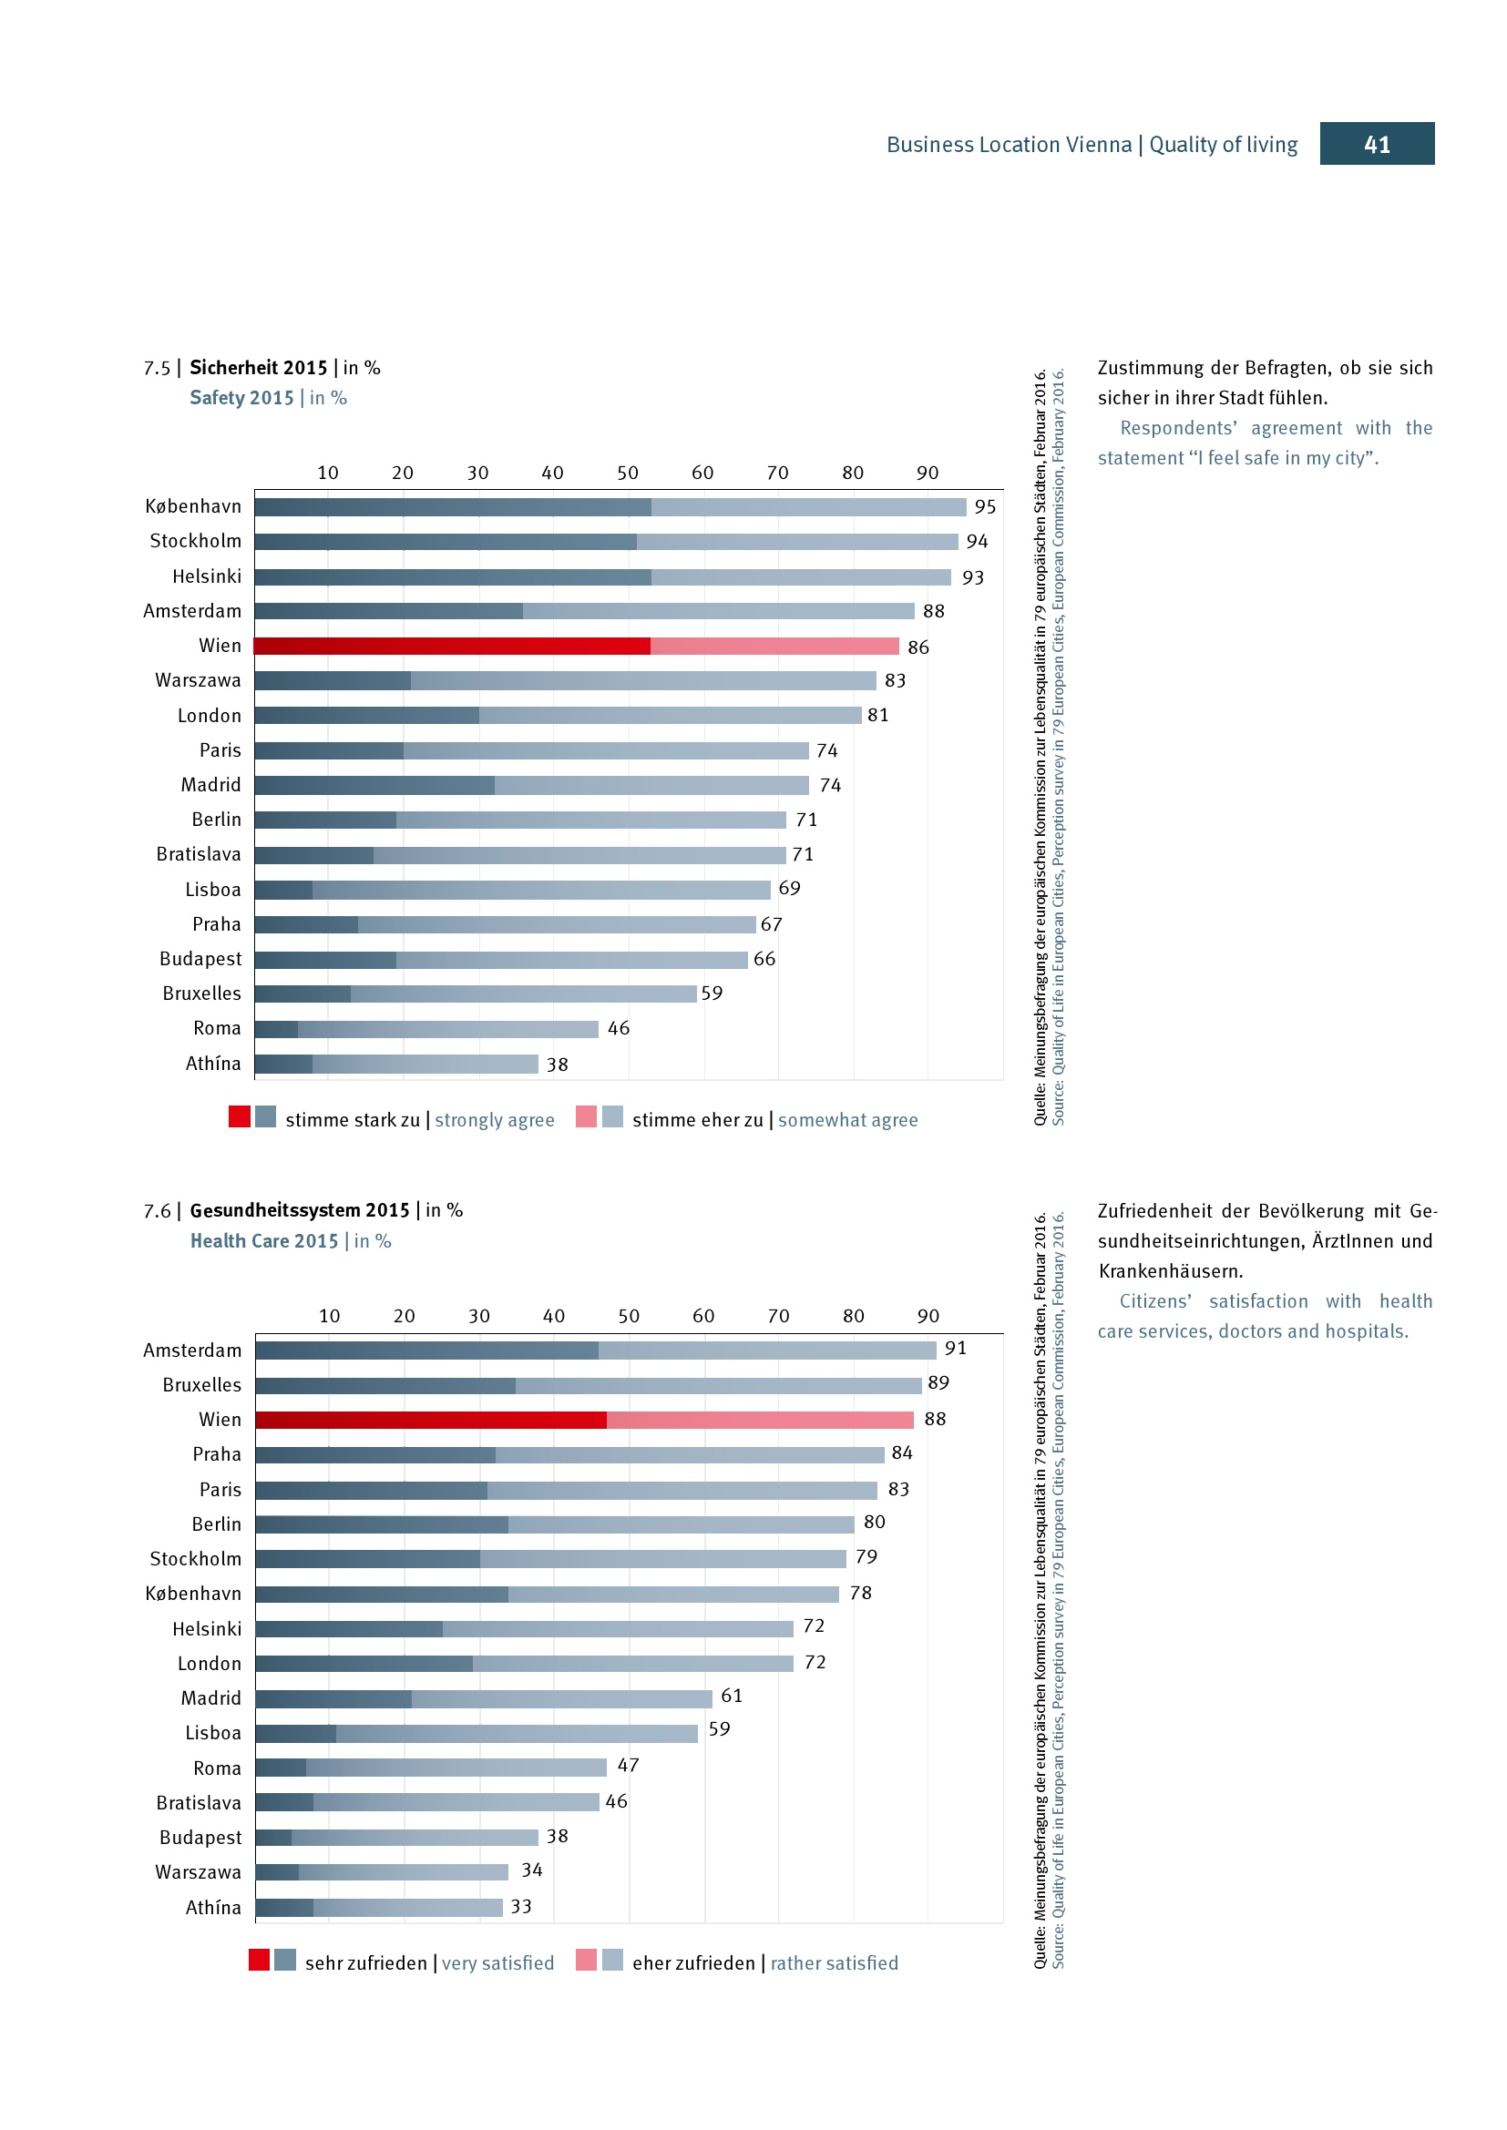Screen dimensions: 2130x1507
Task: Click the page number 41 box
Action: point(1376,144)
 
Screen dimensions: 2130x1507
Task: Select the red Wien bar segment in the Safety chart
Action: point(452,646)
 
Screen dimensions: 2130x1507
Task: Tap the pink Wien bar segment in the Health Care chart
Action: point(759,1420)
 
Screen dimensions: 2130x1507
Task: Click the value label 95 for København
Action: point(985,506)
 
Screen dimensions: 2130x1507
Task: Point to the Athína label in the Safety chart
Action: point(212,1063)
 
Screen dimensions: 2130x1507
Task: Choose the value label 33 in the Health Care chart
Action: point(520,1906)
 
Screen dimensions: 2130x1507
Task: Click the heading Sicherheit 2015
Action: point(258,367)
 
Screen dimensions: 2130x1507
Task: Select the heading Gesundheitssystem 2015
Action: point(299,1209)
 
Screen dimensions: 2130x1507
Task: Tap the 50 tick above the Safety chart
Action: point(627,473)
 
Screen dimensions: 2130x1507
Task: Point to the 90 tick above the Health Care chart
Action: point(928,1316)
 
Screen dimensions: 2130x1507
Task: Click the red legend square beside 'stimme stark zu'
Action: point(240,1117)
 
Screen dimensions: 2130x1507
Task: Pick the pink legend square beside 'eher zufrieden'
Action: point(586,1960)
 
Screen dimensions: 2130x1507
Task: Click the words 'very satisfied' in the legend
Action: point(497,1963)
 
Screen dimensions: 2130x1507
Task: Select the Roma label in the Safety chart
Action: point(216,1028)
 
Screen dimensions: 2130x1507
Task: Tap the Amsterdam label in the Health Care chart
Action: point(192,1350)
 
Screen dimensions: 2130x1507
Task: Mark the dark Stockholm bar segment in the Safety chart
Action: point(446,542)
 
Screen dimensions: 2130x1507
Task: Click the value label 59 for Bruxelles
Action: point(711,993)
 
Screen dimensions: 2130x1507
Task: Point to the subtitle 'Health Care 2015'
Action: point(263,1240)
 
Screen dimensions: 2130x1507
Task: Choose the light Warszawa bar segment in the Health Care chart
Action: point(403,1872)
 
